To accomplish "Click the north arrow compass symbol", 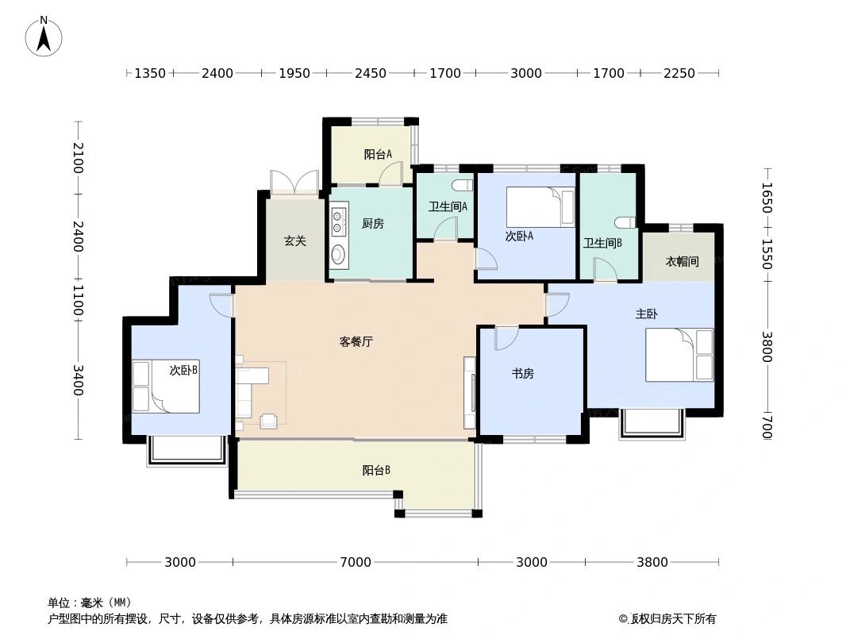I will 44,36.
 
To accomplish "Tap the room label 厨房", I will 372,224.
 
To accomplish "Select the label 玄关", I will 295,241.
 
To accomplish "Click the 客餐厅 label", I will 356,342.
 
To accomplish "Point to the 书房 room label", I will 522,374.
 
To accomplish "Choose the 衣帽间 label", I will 682,261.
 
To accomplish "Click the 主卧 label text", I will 646,314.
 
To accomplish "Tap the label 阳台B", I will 376,470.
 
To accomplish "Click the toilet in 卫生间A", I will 460,186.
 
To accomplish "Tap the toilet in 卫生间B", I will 625,222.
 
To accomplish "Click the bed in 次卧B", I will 167,387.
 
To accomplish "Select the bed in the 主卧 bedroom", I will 679,355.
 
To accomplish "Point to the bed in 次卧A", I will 540,207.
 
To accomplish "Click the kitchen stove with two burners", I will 339,221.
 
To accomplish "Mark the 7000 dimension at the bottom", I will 356,562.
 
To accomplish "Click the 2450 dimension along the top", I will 370,73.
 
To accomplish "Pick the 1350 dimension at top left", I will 149,73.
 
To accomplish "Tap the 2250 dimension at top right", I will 679,73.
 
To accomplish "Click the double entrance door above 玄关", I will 294,183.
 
